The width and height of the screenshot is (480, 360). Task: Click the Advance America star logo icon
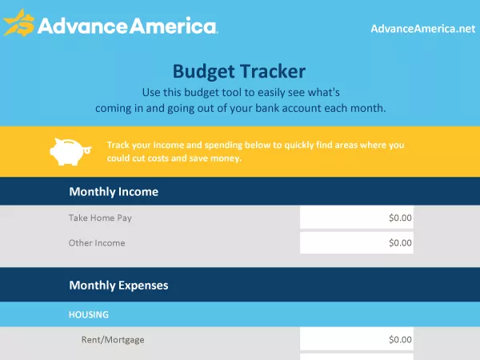tap(18, 24)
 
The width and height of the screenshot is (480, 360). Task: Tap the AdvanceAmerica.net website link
tap(422, 29)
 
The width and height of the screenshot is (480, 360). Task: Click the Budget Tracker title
tap(239, 71)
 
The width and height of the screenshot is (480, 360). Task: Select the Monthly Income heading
tap(114, 192)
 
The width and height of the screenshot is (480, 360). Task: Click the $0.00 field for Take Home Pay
tap(357, 218)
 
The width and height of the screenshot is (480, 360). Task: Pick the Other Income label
tap(97, 243)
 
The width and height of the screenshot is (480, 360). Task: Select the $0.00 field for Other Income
tap(357, 243)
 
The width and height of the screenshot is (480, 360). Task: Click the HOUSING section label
tap(88, 315)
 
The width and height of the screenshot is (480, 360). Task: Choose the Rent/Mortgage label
tap(113, 339)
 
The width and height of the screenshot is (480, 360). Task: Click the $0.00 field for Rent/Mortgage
tap(357, 339)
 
